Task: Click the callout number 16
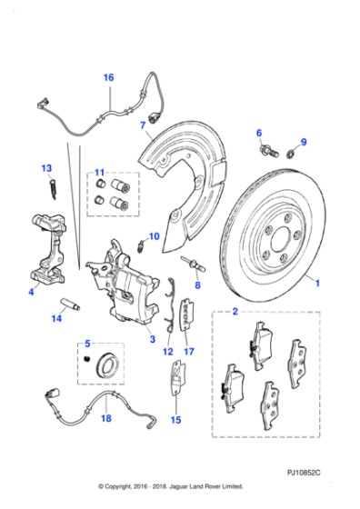[108, 77]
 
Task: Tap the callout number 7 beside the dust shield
[143, 125]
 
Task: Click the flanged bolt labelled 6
[268, 151]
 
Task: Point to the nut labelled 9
[291, 153]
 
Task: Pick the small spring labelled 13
[54, 189]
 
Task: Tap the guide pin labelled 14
[71, 304]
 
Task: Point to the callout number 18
[105, 418]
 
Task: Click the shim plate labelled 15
[178, 378]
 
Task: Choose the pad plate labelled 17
[186, 314]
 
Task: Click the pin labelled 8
[194, 263]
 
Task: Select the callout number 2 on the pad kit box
[235, 311]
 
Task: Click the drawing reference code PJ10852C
[304, 473]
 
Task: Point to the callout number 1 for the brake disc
[317, 283]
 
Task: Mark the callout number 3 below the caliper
[152, 339]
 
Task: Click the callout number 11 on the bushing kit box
[100, 172]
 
